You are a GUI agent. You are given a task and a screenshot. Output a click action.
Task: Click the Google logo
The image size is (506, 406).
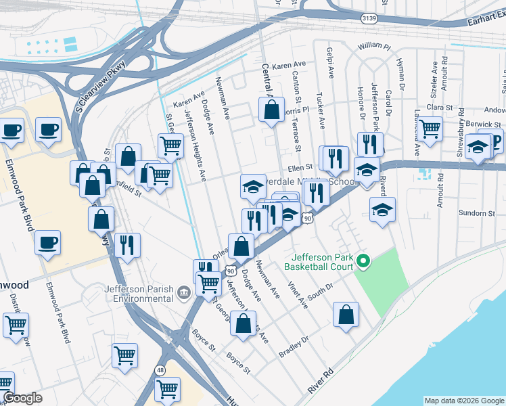22,398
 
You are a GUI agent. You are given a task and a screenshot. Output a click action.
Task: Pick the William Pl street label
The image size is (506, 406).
374,47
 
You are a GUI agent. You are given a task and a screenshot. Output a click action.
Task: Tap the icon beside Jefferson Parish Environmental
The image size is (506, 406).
183,292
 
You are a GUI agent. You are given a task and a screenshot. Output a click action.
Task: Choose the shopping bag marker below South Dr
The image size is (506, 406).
346,315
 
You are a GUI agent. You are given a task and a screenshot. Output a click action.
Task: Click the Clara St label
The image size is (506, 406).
439,107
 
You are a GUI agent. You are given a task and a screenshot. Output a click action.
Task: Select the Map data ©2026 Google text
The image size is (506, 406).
463,401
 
